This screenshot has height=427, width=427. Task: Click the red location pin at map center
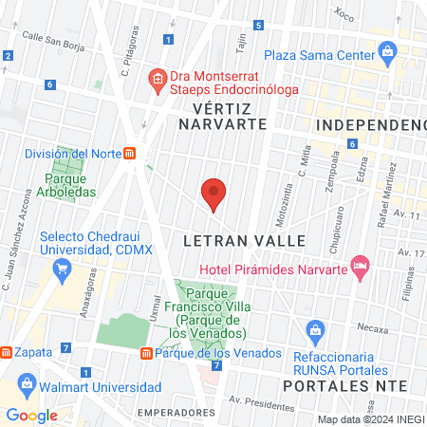pyautogui.click(x=213, y=193)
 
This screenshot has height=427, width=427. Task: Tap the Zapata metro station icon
pyautogui.click(x=7, y=352)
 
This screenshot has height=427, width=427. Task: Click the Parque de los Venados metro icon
pyautogui.click(x=146, y=353)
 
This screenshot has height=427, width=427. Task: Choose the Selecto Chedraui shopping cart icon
pyautogui.click(x=62, y=269)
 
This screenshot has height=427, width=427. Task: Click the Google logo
pyautogui.click(x=32, y=415)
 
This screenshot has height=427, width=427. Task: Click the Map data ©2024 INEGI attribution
pyautogui.click(x=370, y=419)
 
